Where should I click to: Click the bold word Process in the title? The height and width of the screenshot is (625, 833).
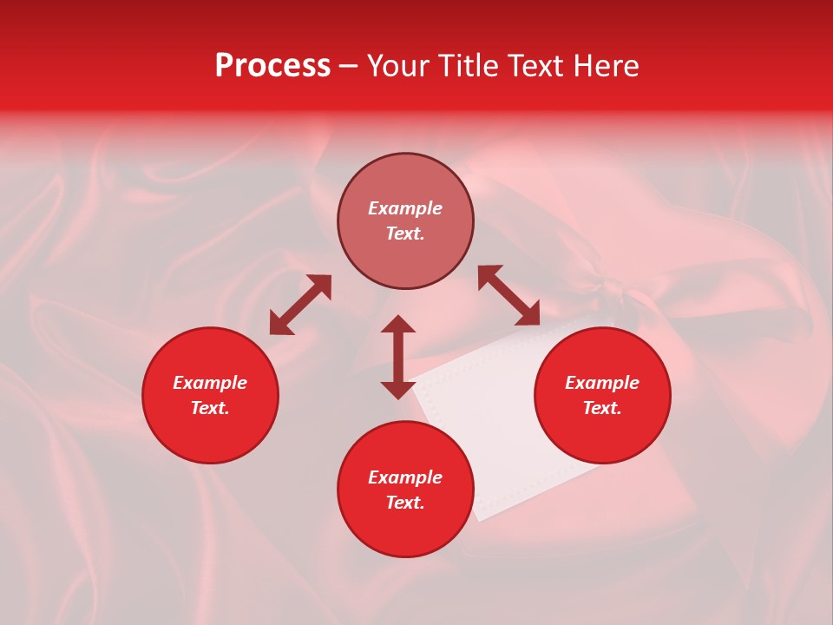272,66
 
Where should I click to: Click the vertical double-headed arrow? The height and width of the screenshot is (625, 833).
398,357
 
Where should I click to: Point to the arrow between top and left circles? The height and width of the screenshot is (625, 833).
300,305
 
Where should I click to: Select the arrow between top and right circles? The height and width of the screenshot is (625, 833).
509,295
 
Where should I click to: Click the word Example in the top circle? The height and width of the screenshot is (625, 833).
405,208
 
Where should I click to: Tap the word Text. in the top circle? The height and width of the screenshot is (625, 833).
405,234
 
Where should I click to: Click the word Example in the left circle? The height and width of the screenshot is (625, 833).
210,383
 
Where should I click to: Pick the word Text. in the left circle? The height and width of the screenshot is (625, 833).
210,408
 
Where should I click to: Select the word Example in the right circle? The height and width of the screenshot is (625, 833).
602,383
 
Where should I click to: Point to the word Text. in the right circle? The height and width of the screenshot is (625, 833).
602,408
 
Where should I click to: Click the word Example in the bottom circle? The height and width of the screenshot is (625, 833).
405,477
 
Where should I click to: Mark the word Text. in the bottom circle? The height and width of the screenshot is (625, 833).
405,503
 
